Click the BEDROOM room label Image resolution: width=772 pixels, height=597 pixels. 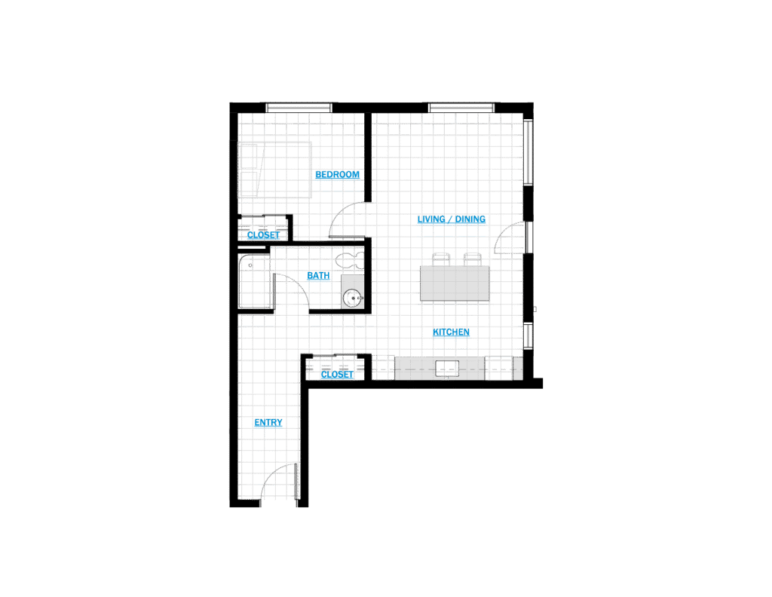pyautogui.click(x=338, y=176)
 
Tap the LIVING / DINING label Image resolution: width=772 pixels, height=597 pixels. pyautogui.click(x=451, y=221)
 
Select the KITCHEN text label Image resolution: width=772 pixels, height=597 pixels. pyautogui.click(x=452, y=332)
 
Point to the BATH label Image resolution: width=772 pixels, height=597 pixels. pyautogui.click(x=319, y=277)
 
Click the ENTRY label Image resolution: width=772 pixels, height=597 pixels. pyautogui.click(x=268, y=424)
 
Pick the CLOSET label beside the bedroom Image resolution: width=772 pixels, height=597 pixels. pyautogui.click(x=263, y=235)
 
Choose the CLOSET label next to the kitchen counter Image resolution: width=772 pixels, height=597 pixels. pyautogui.click(x=337, y=375)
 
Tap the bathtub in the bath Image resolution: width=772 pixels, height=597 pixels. pyautogui.click(x=254, y=282)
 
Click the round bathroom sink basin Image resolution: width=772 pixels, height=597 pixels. pyautogui.click(x=352, y=297)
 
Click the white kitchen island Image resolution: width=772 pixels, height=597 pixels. pyautogui.click(x=456, y=283)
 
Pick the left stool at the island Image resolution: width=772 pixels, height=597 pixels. pyautogui.click(x=441, y=259)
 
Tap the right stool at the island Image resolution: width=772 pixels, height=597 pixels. pyautogui.click(x=472, y=259)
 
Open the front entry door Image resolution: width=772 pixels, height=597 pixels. pyautogui.click(x=277, y=482)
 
